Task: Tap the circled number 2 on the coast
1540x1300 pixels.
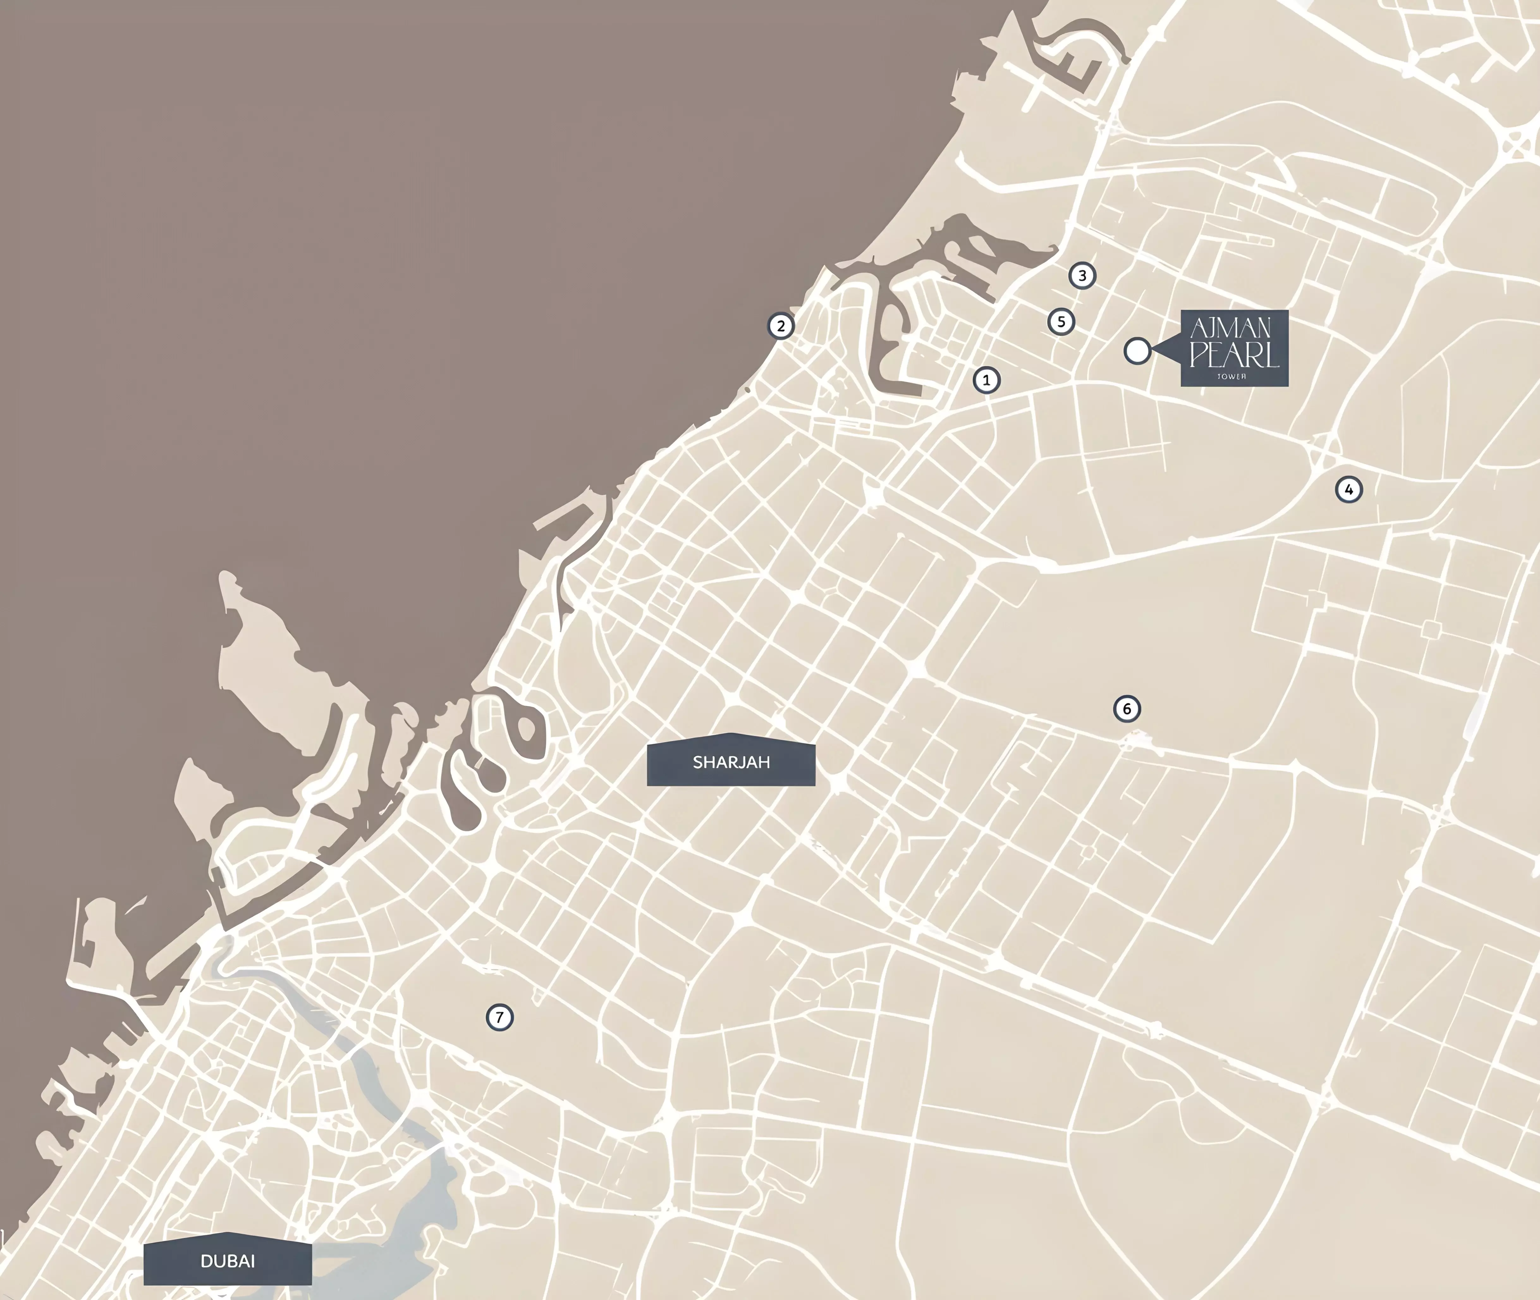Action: point(781,326)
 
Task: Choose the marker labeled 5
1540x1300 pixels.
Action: point(1061,321)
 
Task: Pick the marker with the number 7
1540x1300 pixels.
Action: point(499,1018)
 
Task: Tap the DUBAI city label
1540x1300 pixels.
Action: point(228,1261)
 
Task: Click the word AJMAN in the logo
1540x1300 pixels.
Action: point(1231,328)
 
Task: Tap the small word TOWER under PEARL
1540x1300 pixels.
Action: point(1232,377)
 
